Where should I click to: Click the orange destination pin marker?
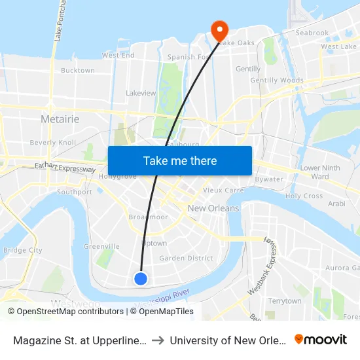tap(218, 29)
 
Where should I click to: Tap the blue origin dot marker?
tap(141, 279)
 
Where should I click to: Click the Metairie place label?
tap(60, 119)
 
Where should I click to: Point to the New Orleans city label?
tap(213, 208)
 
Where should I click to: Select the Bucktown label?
tap(78, 71)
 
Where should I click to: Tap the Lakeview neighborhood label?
tap(141, 94)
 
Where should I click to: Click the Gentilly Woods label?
tap(277, 81)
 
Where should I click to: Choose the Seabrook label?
tap(312, 33)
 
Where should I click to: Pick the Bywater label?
tap(269, 179)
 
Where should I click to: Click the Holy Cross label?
tap(304, 196)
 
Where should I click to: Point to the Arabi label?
tap(336, 204)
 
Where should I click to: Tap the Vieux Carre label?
tap(223, 190)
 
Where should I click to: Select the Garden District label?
tap(186, 258)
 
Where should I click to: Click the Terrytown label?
tap(284, 301)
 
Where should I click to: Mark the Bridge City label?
tap(23, 250)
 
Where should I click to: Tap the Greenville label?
tap(101, 247)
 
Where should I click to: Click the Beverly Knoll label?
tap(53, 143)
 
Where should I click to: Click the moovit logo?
tap(321, 340)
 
